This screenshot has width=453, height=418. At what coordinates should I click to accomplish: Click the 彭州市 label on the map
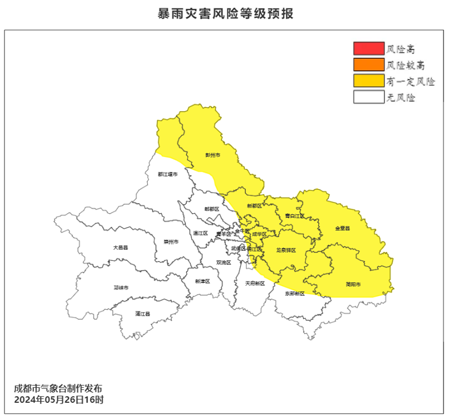(x=212, y=155)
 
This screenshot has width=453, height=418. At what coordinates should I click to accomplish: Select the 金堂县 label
(x=342, y=228)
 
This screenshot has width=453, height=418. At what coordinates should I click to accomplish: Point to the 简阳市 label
(x=353, y=284)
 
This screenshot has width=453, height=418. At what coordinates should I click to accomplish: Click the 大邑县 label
(x=120, y=247)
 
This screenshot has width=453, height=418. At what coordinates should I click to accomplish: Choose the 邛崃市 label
(x=121, y=288)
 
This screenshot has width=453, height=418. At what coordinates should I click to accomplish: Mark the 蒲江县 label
(x=143, y=314)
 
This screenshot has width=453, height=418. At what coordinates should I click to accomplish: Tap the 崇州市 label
(x=171, y=242)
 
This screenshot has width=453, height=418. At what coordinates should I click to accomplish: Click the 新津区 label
(x=202, y=281)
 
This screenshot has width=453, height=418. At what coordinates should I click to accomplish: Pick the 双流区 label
(x=223, y=263)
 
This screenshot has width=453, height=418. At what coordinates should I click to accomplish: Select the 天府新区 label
(x=254, y=283)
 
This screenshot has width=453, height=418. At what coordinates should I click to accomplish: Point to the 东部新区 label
(x=294, y=293)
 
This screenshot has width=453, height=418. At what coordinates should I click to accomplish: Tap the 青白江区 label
(x=294, y=215)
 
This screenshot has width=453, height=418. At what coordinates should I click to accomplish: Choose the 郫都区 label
(x=212, y=209)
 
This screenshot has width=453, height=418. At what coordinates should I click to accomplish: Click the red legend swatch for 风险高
(x=368, y=49)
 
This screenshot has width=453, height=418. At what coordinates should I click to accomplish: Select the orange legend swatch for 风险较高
(x=368, y=65)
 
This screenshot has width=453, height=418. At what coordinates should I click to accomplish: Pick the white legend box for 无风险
(x=368, y=97)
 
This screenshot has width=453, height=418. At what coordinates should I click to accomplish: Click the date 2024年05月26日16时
(x=58, y=401)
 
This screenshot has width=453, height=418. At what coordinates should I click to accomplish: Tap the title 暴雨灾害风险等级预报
(x=226, y=13)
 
